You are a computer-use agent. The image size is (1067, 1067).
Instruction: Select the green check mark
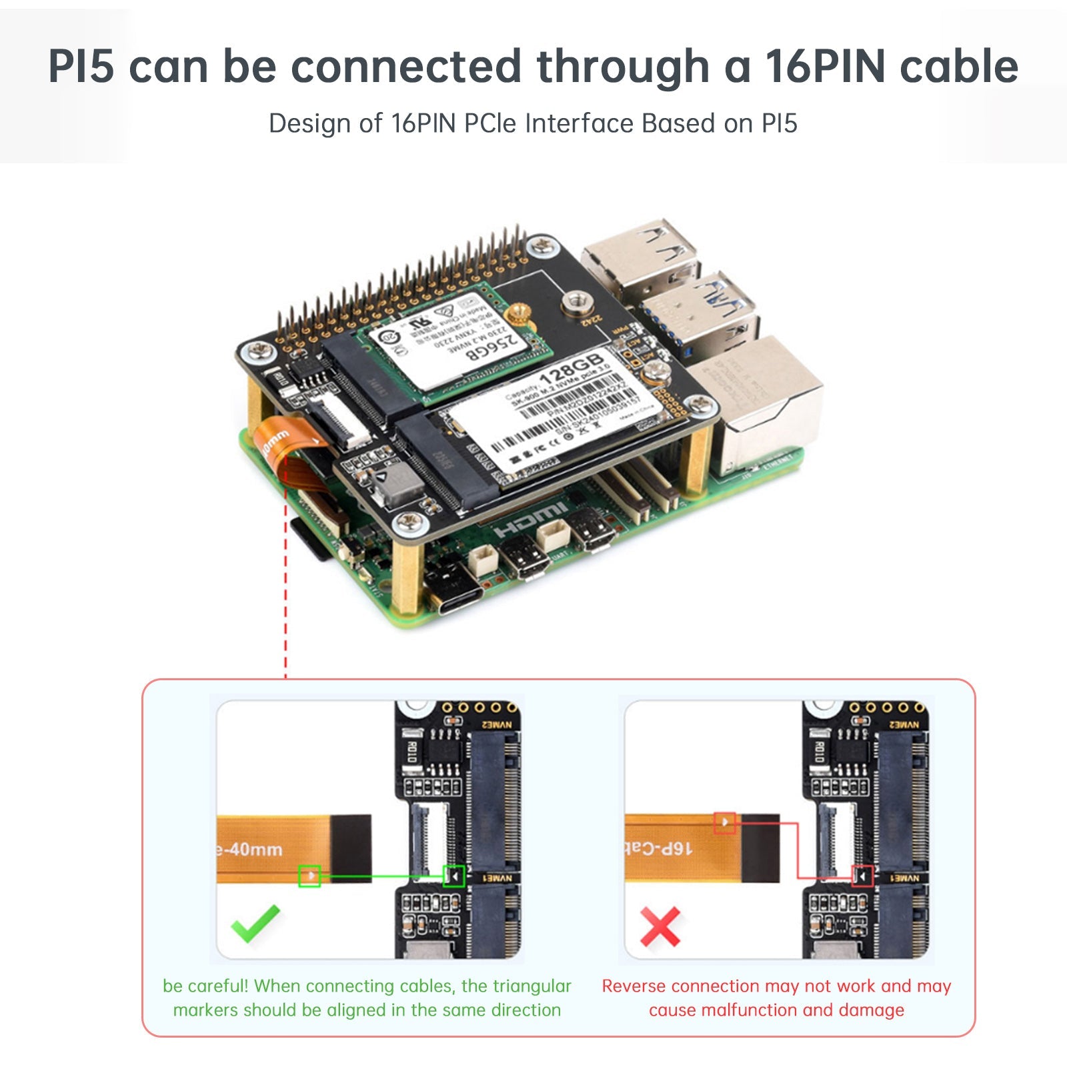click(255, 923)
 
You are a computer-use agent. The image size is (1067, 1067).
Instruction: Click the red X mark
click(660, 926)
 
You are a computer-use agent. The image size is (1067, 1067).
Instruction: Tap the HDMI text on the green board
click(531, 520)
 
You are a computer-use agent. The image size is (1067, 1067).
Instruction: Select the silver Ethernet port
click(767, 407)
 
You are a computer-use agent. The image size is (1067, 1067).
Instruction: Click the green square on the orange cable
click(309, 876)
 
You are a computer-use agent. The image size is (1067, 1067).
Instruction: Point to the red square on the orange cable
click(725, 822)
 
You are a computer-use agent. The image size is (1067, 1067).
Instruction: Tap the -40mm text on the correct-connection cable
click(251, 850)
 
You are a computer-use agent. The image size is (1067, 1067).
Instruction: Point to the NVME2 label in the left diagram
click(497, 725)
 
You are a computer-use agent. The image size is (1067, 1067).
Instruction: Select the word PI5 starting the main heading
click(81, 67)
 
